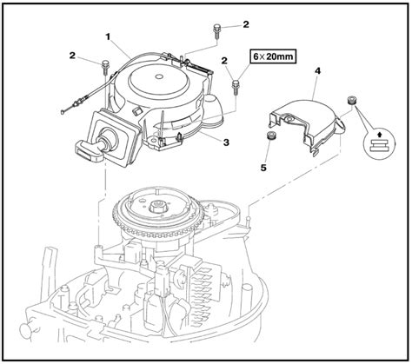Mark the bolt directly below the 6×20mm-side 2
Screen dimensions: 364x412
(236, 84)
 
